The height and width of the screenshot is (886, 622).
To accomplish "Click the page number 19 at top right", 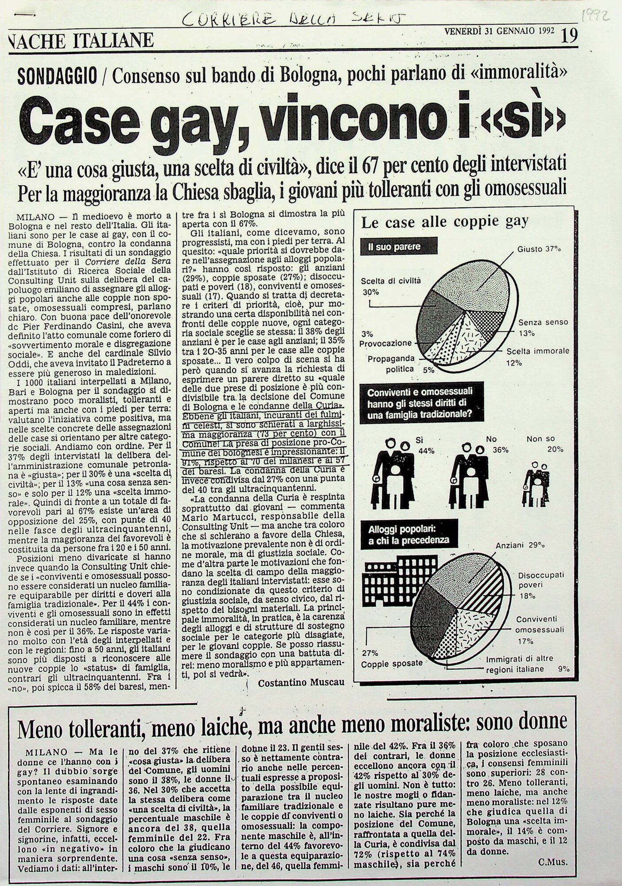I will (x=569, y=36).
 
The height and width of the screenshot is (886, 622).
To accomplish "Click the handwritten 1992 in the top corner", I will (x=595, y=17).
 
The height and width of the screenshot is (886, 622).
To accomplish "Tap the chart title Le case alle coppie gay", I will (x=445, y=221).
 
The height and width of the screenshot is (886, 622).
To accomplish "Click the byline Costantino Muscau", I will (x=301, y=683).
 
